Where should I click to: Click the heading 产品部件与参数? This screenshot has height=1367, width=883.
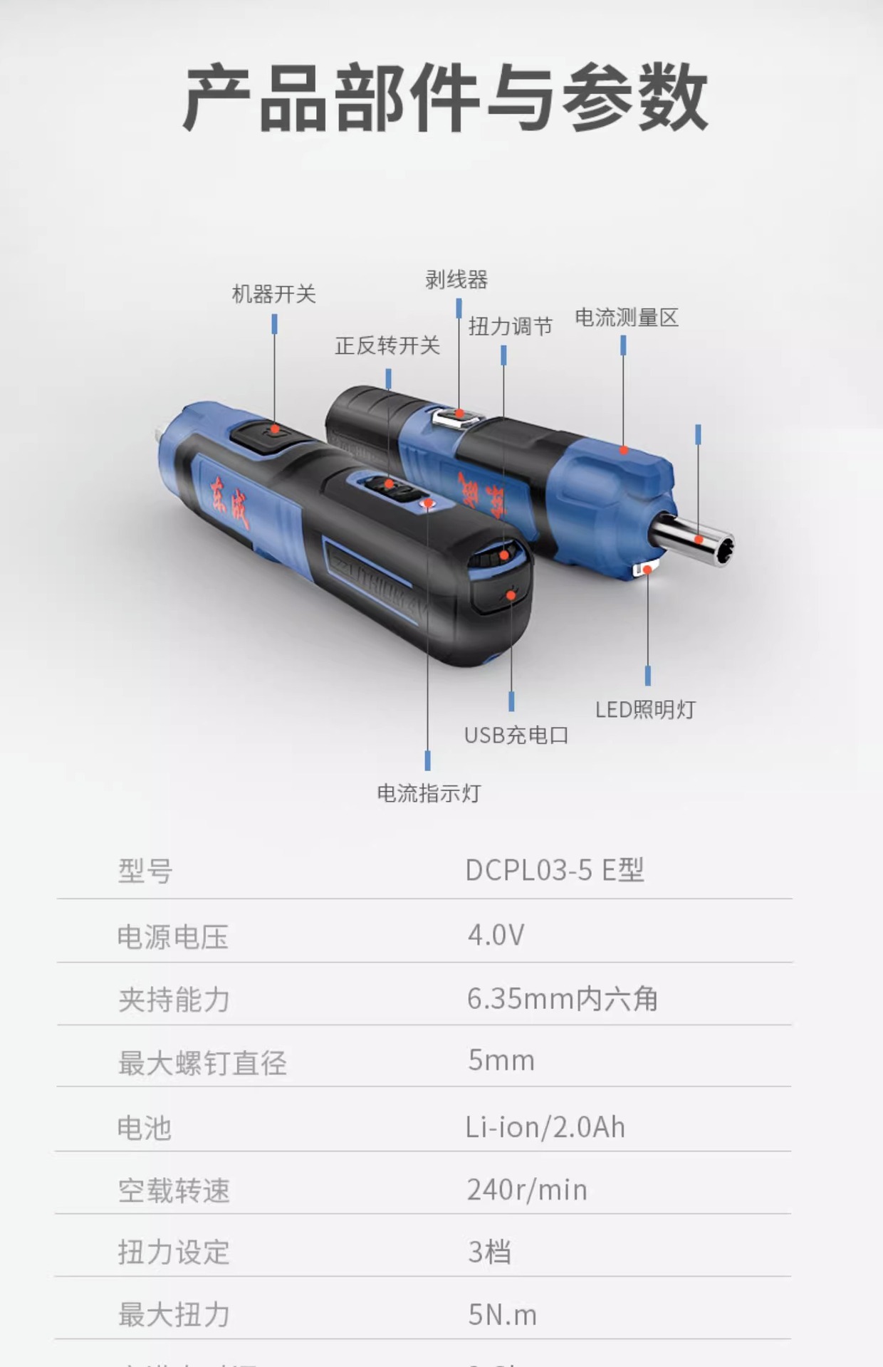click(x=444, y=98)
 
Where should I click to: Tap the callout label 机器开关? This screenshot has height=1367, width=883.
click(x=273, y=294)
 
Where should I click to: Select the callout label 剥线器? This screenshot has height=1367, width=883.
click(x=456, y=280)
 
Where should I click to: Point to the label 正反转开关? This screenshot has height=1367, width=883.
click(x=387, y=346)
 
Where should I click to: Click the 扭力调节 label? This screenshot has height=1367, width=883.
click(x=511, y=327)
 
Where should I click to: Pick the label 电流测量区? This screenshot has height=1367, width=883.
click(x=627, y=318)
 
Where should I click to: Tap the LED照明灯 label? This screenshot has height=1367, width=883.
click(x=645, y=710)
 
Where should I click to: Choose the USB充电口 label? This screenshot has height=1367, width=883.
click(x=516, y=735)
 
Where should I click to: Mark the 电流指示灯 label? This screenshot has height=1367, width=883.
click(x=429, y=793)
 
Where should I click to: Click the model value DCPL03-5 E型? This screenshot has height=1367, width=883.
click(x=555, y=870)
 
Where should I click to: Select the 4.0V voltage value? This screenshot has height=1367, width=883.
click(x=496, y=935)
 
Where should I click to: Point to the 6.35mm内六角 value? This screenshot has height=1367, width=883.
click(x=562, y=999)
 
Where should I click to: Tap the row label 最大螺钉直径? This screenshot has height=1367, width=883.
click(x=202, y=1063)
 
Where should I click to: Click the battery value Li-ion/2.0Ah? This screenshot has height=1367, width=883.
click(x=545, y=1128)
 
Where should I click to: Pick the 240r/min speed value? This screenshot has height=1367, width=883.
click(x=527, y=1190)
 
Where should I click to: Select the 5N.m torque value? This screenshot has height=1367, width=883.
click(x=502, y=1315)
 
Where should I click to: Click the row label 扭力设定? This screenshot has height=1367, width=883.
click(x=174, y=1252)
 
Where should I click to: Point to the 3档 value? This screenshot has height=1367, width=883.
click(x=489, y=1252)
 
